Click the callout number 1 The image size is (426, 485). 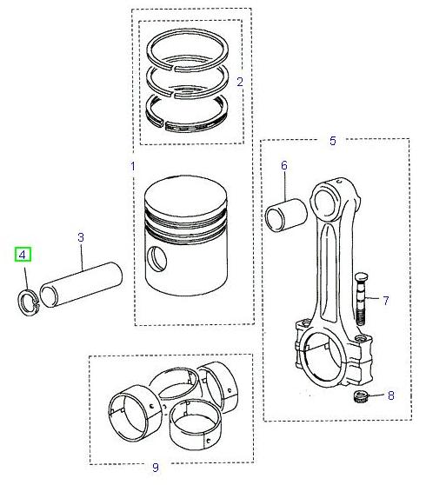[x=133, y=164]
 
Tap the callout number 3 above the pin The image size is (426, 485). [x=81, y=236]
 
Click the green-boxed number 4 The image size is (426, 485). [x=22, y=255]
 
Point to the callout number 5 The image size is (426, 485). [x=331, y=140]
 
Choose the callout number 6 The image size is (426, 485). [x=283, y=165]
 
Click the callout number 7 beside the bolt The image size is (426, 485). [x=385, y=301]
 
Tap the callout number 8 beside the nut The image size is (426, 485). [x=390, y=395]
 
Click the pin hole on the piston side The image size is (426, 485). [x=156, y=256]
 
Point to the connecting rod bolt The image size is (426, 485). [x=361, y=301]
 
